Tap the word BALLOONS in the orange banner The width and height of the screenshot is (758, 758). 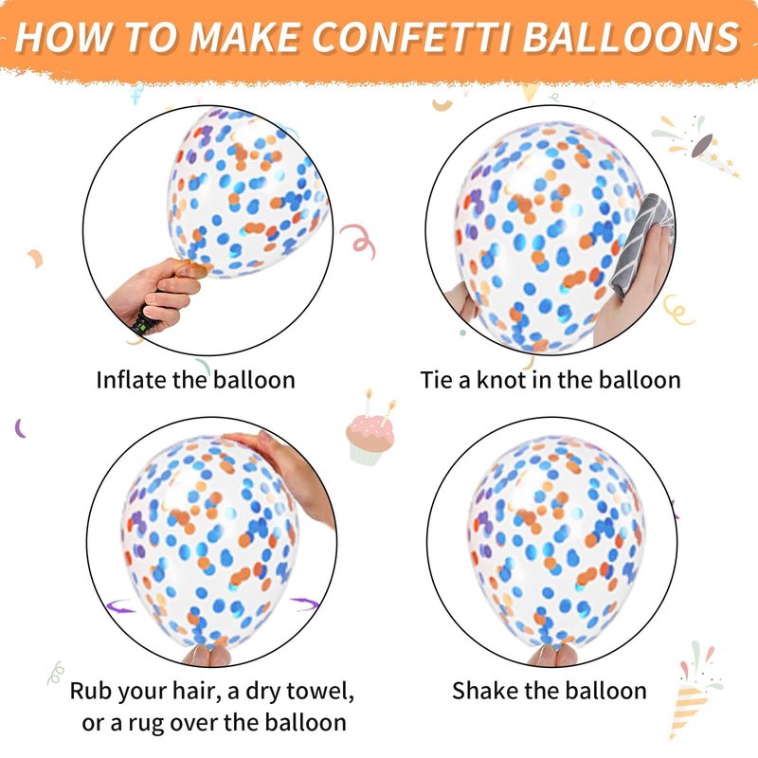click(x=631, y=37)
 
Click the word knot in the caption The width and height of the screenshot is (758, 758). click(x=502, y=380)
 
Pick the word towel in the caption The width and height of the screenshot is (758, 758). click(x=320, y=691)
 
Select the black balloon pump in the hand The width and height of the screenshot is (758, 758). click(x=145, y=321)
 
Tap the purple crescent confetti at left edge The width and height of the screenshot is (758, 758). click(x=20, y=428)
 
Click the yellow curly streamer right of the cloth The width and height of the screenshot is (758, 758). click(x=678, y=310)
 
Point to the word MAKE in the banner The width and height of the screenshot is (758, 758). click(x=244, y=37)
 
